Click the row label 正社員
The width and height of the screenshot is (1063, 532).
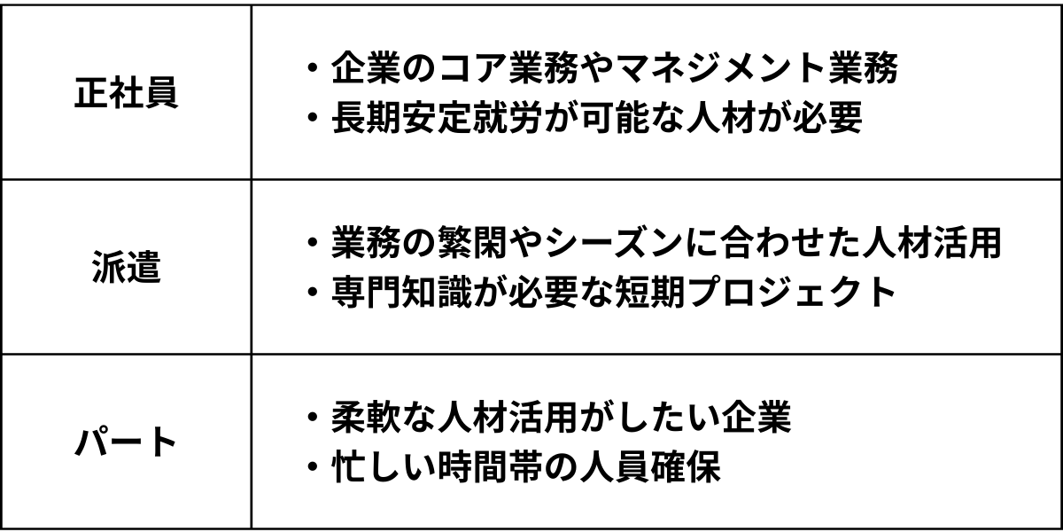[126, 93]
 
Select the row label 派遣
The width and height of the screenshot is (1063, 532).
[126, 269]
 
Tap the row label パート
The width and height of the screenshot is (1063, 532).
[126, 442]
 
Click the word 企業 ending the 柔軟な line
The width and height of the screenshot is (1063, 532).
[755, 417]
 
